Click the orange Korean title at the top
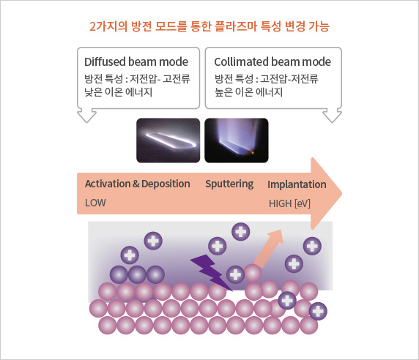coord(209,26)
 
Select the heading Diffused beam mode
coord(136,61)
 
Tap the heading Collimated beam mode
coord(272,61)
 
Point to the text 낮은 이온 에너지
coord(119,91)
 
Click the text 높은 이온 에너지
coord(248,91)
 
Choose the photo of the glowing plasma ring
coord(168,140)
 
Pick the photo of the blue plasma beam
coord(237,140)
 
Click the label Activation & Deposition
coord(138,184)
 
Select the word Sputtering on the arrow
coord(229,184)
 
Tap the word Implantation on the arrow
coord(297,184)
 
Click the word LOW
coord(95,203)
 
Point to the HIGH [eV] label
coord(289,203)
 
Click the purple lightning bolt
coord(210,272)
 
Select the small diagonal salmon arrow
coord(269,249)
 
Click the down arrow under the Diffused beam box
coord(87,116)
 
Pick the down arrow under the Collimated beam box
coord(332,116)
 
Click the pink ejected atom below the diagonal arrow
coord(253,273)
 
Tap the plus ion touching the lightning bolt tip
coord(235,274)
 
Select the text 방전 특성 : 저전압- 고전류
coord(137,78)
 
